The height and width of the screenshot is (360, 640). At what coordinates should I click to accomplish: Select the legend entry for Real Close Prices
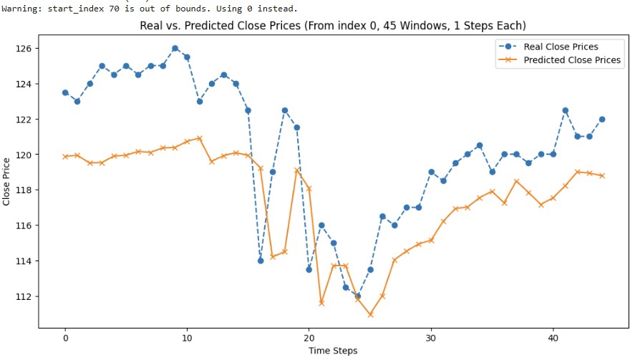coord(561,47)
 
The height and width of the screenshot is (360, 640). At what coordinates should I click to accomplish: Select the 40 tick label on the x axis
coord(553,337)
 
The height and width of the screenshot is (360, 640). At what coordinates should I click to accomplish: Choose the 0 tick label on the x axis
coord(65,337)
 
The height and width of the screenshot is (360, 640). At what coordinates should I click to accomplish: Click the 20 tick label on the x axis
coord(309,337)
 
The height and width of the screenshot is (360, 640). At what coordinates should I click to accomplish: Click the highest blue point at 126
coord(175,49)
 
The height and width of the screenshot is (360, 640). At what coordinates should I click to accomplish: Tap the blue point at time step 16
coord(261,261)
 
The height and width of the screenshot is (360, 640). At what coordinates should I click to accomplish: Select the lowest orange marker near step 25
coord(370,314)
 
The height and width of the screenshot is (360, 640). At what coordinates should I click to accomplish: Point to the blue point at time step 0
coord(65,92)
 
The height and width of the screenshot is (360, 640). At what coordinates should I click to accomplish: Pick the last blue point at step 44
coord(602,119)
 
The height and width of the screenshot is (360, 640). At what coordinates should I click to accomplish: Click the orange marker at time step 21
coord(321,303)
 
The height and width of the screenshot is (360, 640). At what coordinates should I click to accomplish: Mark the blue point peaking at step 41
coord(565,110)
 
